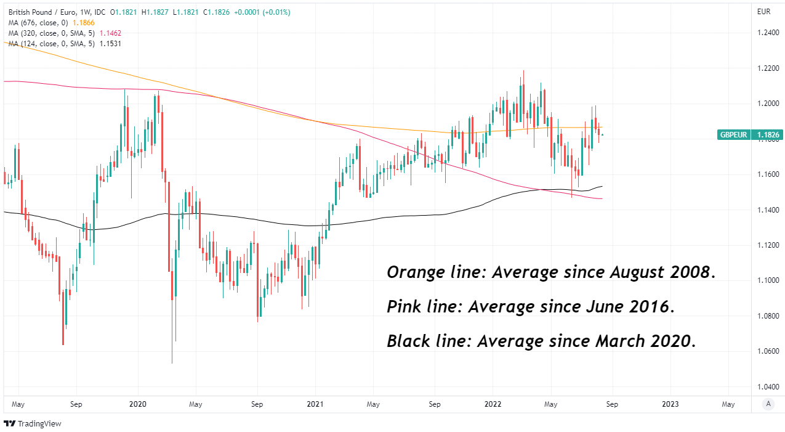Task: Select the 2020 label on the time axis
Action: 137,404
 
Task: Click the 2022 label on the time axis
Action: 493,404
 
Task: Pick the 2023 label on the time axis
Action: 670,404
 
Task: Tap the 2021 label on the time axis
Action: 315,404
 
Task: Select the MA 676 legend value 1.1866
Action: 84,22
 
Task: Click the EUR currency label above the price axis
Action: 763,12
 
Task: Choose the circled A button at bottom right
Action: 768,404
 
